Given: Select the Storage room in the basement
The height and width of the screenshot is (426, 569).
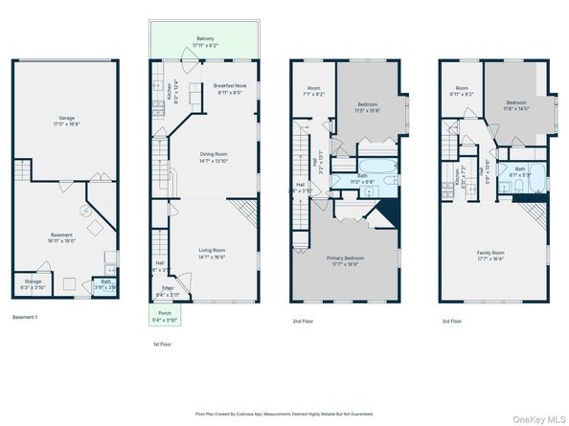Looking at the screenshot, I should (x=33, y=284).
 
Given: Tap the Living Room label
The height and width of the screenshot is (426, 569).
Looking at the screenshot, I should (x=213, y=254).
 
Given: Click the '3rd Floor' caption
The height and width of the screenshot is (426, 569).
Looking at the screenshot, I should (x=451, y=323).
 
